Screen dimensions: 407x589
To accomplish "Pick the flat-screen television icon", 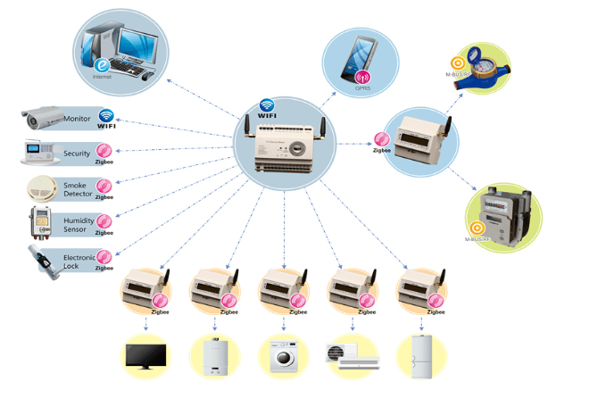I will click(x=145, y=354).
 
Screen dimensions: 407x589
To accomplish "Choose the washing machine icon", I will click(x=284, y=356).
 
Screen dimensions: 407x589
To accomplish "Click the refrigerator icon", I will click(x=420, y=354).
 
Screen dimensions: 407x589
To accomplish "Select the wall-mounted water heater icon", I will click(x=215, y=355).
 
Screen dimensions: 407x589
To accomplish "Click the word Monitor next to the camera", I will click(x=77, y=118).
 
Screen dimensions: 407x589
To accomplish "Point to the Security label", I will click(x=77, y=154).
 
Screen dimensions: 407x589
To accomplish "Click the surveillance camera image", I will click(x=40, y=117).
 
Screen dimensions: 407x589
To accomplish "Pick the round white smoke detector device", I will click(x=40, y=187).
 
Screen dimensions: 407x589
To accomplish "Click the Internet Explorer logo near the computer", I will click(x=103, y=65).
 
